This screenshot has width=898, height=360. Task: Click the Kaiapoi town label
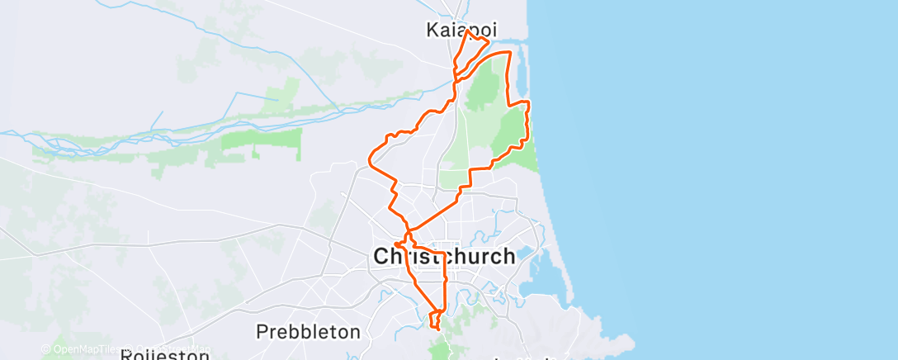point(461,30)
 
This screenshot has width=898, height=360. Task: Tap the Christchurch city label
point(444,256)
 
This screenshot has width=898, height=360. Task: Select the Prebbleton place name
point(308,332)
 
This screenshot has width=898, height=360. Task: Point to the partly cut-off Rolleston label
point(164,355)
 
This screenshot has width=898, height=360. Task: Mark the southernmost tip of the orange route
point(437,329)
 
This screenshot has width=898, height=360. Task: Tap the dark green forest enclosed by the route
point(512,132)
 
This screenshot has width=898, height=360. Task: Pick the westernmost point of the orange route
point(369,161)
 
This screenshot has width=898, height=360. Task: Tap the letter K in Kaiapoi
point(433,30)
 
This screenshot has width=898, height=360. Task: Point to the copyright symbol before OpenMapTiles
point(46,349)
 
